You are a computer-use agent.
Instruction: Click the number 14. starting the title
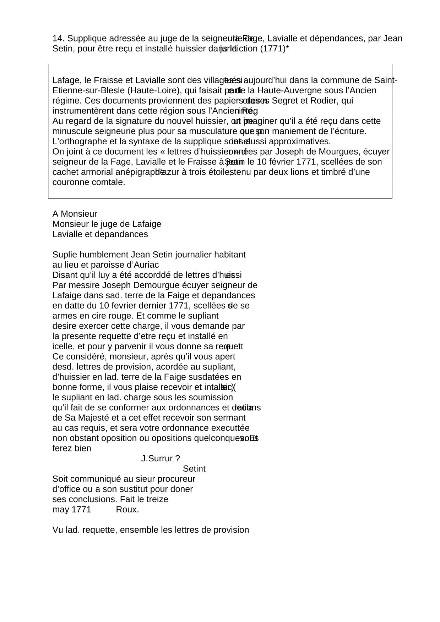pyautogui.click(x=59, y=38)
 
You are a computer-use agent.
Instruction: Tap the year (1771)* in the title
pyautogui.click(x=275, y=49)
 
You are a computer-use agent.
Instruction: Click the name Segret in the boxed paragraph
pyautogui.click(x=285, y=101)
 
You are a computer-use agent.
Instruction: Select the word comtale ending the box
pyautogui.click(x=109, y=183)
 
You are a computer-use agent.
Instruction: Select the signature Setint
pyautogui.click(x=194, y=469)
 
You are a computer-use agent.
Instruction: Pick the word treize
pyautogui.click(x=156, y=500)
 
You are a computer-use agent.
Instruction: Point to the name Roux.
pyautogui.click(x=127, y=510)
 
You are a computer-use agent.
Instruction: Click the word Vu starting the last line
pyautogui.click(x=58, y=530)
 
